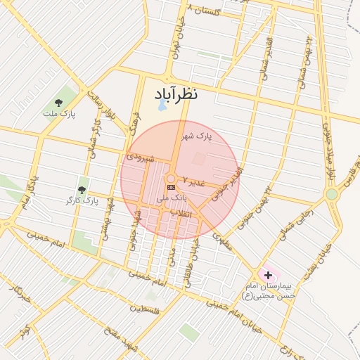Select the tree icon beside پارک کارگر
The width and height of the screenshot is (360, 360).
click(82, 190)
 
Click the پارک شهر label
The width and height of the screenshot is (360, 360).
click(196, 136)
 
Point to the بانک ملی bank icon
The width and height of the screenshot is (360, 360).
click(171, 188)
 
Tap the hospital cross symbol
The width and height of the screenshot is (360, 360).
click(267, 274)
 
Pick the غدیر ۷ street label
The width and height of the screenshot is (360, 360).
click(194, 181)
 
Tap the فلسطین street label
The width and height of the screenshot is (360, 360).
click(145, 309)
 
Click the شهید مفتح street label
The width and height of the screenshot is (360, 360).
click(119, 340)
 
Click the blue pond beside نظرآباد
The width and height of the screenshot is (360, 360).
click(162, 105)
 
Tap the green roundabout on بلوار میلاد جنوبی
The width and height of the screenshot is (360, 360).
click(331, 194)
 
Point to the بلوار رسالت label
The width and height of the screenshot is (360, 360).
click(103, 103)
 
